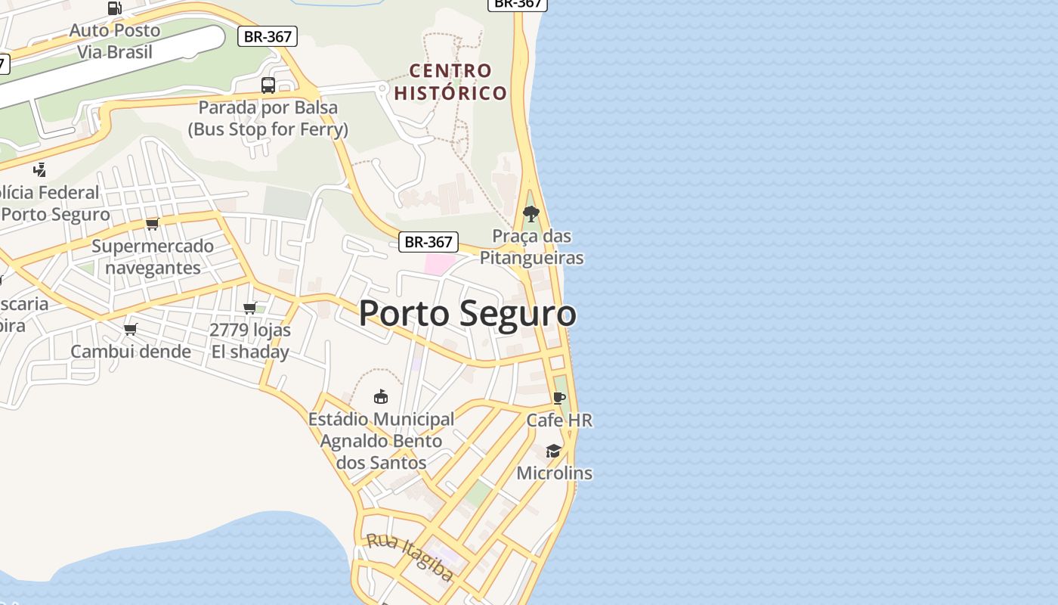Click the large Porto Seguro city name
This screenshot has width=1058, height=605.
point(467,313)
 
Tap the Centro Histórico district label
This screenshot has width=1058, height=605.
point(450,82)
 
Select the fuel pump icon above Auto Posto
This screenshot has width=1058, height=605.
point(115,8)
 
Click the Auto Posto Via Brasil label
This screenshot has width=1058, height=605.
point(115,41)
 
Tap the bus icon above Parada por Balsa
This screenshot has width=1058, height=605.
point(268,85)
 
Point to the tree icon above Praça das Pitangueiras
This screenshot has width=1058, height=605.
point(531,214)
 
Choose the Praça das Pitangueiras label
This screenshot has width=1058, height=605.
point(532,247)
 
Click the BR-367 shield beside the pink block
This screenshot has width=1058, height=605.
point(428,242)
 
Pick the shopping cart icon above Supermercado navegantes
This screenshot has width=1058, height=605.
point(153,224)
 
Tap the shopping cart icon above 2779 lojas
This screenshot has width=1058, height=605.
point(250,308)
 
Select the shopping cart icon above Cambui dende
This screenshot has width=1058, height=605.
point(131,329)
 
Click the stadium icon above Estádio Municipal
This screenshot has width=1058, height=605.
point(381,396)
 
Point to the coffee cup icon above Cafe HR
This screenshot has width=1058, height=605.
point(559,398)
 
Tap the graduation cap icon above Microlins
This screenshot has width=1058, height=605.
point(554,451)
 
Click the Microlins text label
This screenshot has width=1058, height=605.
point(554,473)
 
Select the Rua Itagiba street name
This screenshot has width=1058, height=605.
point(410,558)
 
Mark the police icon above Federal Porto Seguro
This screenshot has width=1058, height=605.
point(40,169)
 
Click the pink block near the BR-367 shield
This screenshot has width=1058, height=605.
point(439,264)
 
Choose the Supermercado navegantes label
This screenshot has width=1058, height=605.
point(153,256)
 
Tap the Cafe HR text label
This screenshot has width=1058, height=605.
point(559,420)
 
